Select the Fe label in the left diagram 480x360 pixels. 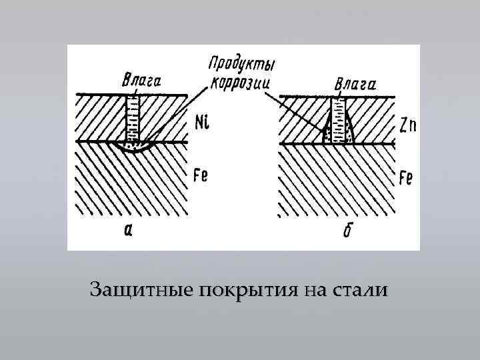[x=200, y=176]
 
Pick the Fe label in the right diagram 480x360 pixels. [x=407, y=177]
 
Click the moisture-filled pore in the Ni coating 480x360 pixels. [x=135, y=119]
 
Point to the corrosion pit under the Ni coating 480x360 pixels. [x=134, y=147]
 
